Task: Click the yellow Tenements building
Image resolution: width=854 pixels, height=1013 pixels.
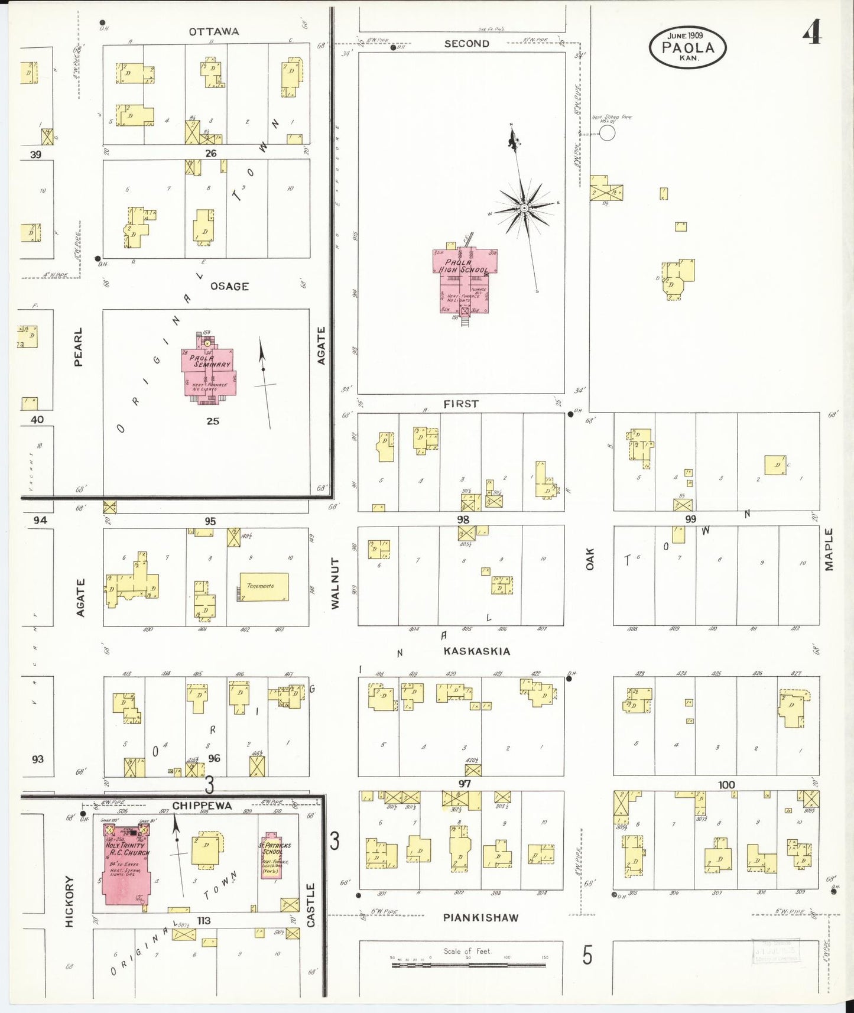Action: pyautogui.click(x=264, y=587)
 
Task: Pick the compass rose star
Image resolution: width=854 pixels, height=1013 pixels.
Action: pyautogui.click(x=524, y=209)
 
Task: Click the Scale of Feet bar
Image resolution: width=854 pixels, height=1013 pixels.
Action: pyautogui.click(x=467, y=965)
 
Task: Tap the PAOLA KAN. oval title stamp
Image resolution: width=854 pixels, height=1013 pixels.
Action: pyautogui.click(x=687, y=47)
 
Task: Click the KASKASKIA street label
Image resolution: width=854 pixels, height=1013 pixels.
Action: pyautogui.click(x=476, y=651)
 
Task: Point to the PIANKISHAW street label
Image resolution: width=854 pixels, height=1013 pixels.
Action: pyautogui.click(x=480, y=918)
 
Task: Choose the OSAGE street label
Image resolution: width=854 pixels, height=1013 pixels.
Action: pyautogui.click(x=229, y=287)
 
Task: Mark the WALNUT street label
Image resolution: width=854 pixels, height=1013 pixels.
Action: pyautogui.click(x=335, y=583)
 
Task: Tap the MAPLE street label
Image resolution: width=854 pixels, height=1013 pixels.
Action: pyautogui.click(x=829, y=550)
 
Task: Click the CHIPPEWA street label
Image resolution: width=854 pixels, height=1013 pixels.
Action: pyautogui.click(x=202, y=806)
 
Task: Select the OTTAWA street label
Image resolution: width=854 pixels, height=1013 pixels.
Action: pyautogui.click(x=214, y=31)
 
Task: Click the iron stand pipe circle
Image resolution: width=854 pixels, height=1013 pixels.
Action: pyautogui.click(x=607, y=133)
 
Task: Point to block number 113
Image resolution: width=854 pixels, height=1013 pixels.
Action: pyautogui.click(x=204, y=920)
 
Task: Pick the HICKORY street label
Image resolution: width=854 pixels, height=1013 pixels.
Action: pyautogui.click(x=70, y=901)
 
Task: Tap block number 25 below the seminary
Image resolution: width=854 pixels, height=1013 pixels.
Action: pyautogui.click(x=213, y=421)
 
